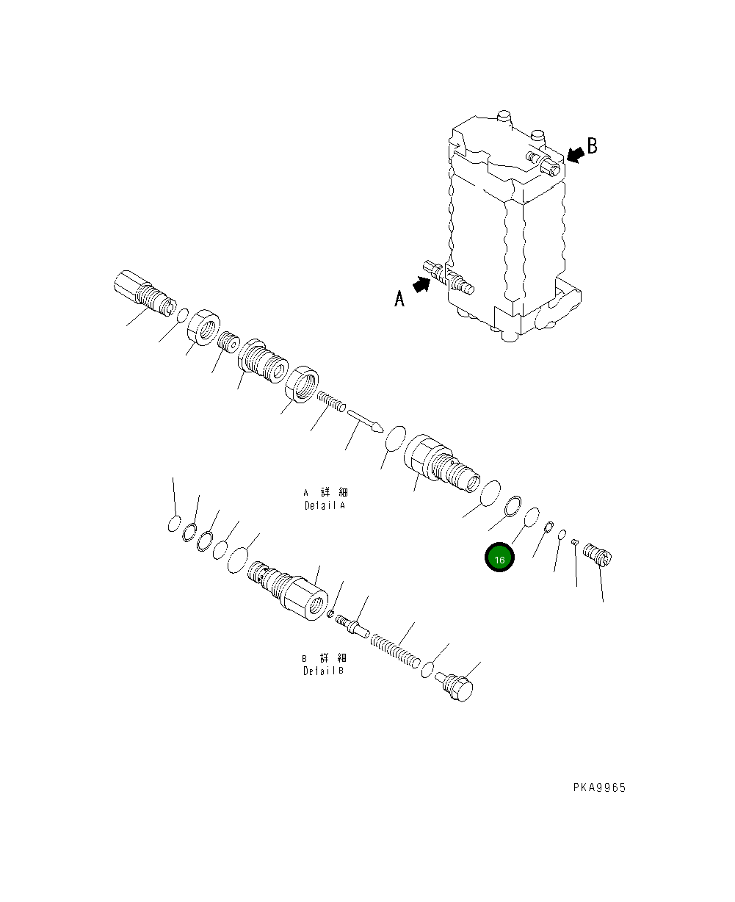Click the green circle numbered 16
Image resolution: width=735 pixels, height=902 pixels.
coord(499,559)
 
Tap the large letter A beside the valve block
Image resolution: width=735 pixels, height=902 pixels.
coord(399,298)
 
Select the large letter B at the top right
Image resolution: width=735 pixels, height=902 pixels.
coord(592,145)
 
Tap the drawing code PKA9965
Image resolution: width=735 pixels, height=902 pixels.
coord(599,787)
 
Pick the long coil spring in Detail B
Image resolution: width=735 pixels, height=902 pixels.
coord(395,652)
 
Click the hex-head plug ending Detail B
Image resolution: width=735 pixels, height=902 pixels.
coord(456,688)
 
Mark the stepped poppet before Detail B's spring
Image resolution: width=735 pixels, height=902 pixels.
coord(351,625)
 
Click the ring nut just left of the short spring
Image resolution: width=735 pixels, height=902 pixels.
coord(301,386)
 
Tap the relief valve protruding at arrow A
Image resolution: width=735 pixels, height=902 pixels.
coord(451,278)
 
